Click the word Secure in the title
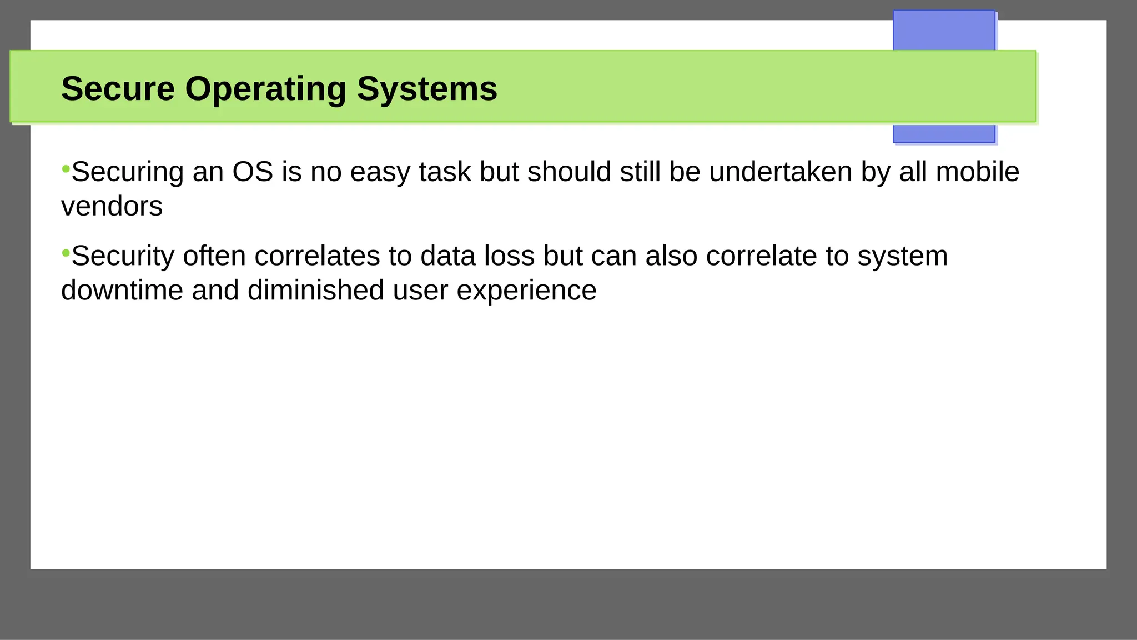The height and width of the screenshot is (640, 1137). pos(118,89)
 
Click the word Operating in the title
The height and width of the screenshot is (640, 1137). pos(265,89)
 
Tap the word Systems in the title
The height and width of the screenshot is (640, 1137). pos(426,89)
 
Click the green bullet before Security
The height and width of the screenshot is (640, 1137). pos(66,253)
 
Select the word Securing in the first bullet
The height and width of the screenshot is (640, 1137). pos(128,172)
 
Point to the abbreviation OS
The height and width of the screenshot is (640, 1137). pos(253,172)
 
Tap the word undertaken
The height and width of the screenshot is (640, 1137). pos(780,172)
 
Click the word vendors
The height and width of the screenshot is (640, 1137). pos(112,207)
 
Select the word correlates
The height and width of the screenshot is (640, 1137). pos(316,256)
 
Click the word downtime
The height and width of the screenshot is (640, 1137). pos(122,291)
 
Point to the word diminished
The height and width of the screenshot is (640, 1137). pos(315,291)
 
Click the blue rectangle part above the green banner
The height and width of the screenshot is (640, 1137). pos(943,31)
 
